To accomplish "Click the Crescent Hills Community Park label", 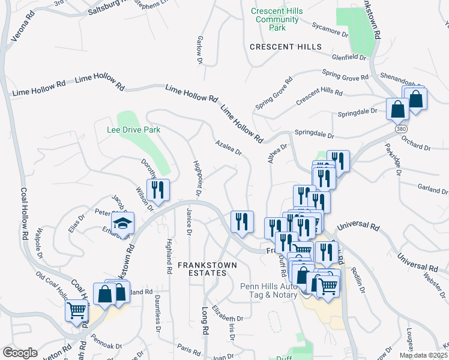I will pos(277,19).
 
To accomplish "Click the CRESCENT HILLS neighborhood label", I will pos(286,47).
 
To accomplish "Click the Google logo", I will pos(20,352).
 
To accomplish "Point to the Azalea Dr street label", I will pos(229,148).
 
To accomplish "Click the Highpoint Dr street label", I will pos(196,178).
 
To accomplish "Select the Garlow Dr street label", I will pos(199,50).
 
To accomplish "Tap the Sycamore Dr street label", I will pos(330,30).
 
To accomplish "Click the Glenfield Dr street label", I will pos(350,58).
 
